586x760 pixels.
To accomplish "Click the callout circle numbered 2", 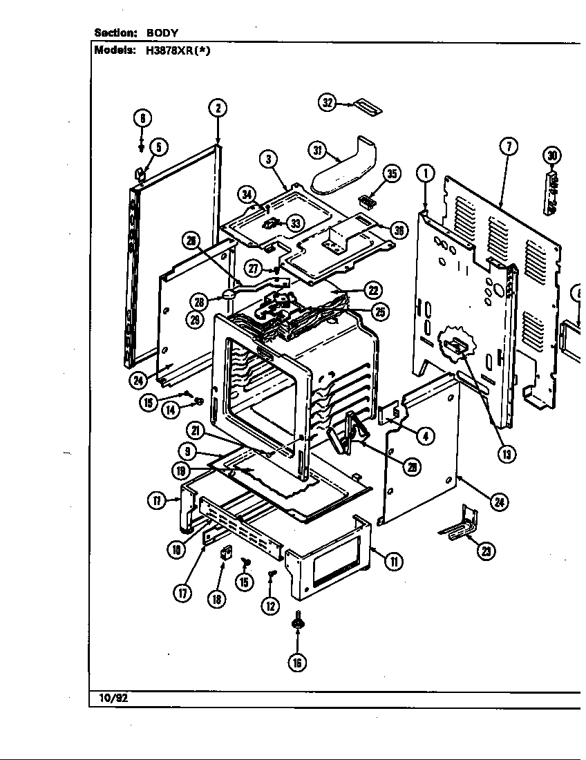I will (218, 107).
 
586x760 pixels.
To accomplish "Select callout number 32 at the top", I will (327, 102).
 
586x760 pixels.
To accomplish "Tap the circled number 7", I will (508, 146).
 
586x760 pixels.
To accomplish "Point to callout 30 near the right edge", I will (552, 155).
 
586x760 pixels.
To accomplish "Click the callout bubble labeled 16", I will (297, 662).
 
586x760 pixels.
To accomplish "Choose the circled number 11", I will (393, 561).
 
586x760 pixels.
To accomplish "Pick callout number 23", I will (488, 551).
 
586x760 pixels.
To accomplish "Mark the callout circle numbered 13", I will (507, 454).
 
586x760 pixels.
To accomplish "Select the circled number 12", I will (270, 605).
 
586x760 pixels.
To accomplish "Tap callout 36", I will (399, 231).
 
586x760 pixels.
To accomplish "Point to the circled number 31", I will (316, 150).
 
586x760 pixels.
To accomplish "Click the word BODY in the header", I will (162, 32).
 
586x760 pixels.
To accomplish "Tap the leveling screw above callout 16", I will (297, 620).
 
